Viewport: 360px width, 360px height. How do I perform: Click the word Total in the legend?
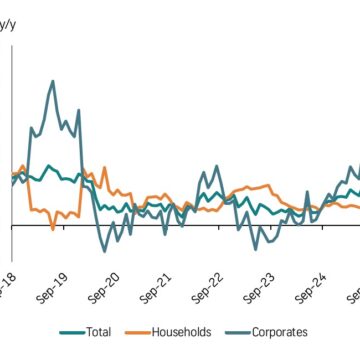coord(98,332)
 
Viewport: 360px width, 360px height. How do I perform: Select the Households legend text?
coord(179,332)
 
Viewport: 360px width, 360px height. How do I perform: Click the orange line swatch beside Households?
coord(136,332)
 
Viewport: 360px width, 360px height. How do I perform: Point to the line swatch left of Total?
coord(69,332)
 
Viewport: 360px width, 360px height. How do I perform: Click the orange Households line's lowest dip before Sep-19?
coord(53,230)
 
